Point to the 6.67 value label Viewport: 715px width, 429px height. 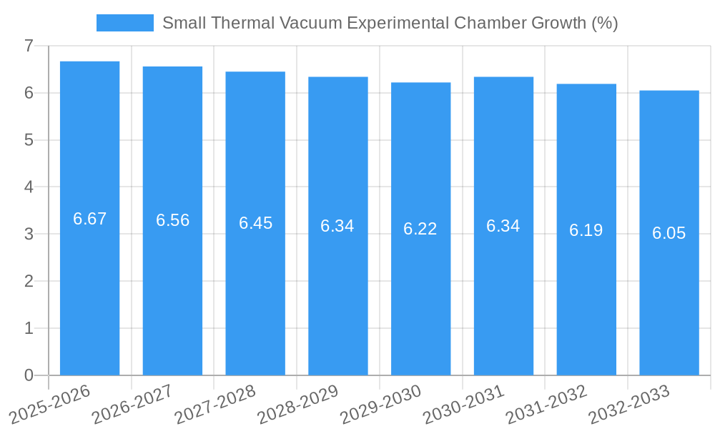90,219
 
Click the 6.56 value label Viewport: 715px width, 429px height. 172,220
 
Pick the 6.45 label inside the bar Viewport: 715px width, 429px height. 255,223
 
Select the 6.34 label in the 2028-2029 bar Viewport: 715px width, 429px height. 337,226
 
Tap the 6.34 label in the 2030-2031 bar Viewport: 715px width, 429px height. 503,226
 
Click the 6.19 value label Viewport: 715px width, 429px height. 586,230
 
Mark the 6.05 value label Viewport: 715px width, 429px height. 669,233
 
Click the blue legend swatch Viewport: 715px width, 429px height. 125,23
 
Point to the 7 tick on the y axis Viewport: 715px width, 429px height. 29,46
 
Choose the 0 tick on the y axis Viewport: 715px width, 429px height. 29,375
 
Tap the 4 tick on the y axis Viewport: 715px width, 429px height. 29,187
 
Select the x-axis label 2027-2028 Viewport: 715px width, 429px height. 216,404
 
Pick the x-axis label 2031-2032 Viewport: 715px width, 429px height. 547,404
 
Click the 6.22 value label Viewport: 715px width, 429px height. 420,229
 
